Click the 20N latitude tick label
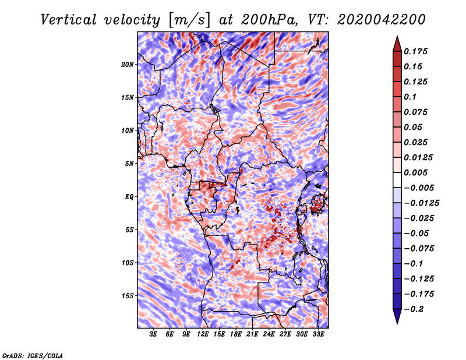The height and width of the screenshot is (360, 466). (x=128, y=64)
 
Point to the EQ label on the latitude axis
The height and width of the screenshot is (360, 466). (x=129, y=197)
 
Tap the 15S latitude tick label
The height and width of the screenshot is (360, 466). (x=128, y=296)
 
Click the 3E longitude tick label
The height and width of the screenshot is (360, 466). (x=154, y=334)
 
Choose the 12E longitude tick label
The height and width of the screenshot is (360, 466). (x=203, y=334)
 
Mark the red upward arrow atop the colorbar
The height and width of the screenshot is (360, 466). (x=397, y=43)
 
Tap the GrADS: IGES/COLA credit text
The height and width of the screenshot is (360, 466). (x=32, y=355)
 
